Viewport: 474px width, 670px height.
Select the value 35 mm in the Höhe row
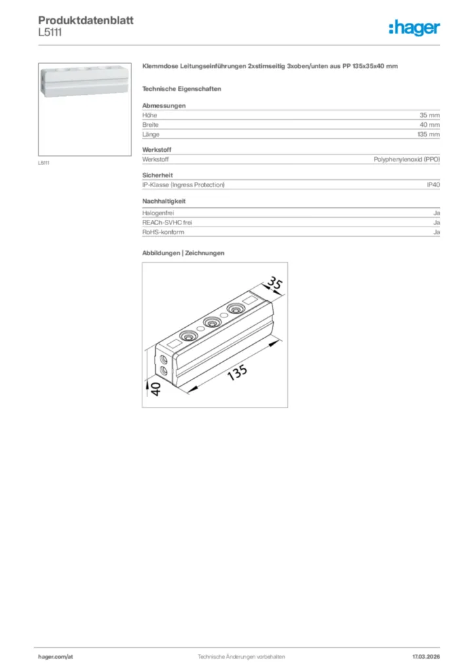click(429, 115)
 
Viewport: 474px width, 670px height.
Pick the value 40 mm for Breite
click(429, 124)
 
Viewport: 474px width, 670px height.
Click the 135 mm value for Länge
click(428, 134)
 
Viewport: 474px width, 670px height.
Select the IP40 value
click(433, 185)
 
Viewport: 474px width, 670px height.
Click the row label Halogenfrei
click(155, 213)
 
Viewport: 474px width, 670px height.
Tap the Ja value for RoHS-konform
click(436, 232)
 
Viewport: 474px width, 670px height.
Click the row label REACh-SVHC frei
click(167, 222)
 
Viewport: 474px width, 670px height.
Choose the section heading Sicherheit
click(157, 175)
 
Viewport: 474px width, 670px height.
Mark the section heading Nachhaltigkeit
click(164, 201)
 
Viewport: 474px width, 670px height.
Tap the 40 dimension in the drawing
click(156, 389)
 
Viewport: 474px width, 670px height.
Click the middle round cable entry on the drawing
click(211, 322)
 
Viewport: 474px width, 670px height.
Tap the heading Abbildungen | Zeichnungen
click(183, 253)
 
